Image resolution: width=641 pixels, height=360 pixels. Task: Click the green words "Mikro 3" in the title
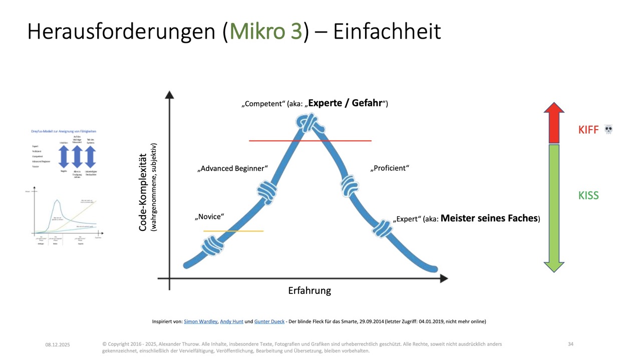tap(265, 31)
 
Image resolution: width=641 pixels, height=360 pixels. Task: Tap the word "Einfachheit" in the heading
tap(387, 31)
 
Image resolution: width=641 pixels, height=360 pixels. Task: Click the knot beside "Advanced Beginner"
tap(267, 190)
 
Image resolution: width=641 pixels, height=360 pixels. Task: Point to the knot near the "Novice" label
tap(212, 246)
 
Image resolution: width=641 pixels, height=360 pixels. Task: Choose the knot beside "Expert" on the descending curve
tap(383, 228)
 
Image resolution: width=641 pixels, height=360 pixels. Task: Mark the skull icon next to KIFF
tap(608, 130)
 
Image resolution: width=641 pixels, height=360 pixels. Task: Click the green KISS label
tap(588, 195)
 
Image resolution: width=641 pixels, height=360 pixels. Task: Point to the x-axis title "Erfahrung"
tap(309, 290)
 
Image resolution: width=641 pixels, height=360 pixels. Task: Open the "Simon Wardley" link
tap(200, 321)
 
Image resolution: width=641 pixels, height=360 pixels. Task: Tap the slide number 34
tap(571, 344)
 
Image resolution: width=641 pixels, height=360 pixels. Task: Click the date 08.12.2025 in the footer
tap(58, 344)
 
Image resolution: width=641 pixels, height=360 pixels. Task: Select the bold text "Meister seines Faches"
tap(489, 218)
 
